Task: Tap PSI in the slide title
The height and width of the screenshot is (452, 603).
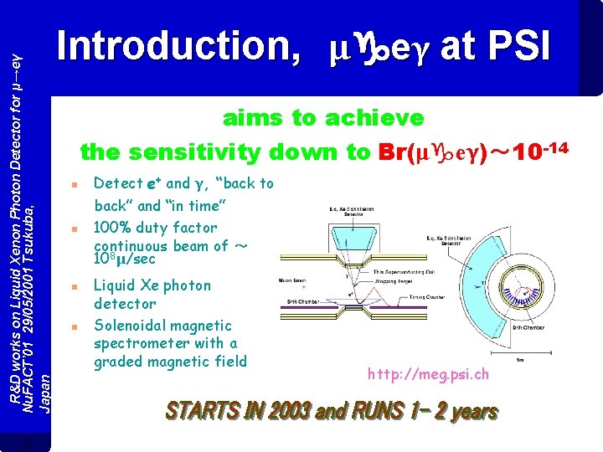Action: click(x=518, y=47)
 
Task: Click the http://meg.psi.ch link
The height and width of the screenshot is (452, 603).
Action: click(x=428, y=374)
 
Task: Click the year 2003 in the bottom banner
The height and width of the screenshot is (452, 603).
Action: click(x=289, y=411)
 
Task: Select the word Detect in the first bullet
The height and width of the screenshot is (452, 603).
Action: click(x=117, y=183)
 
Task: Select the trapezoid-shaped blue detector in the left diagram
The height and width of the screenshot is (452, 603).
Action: click(x=351, y=219)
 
